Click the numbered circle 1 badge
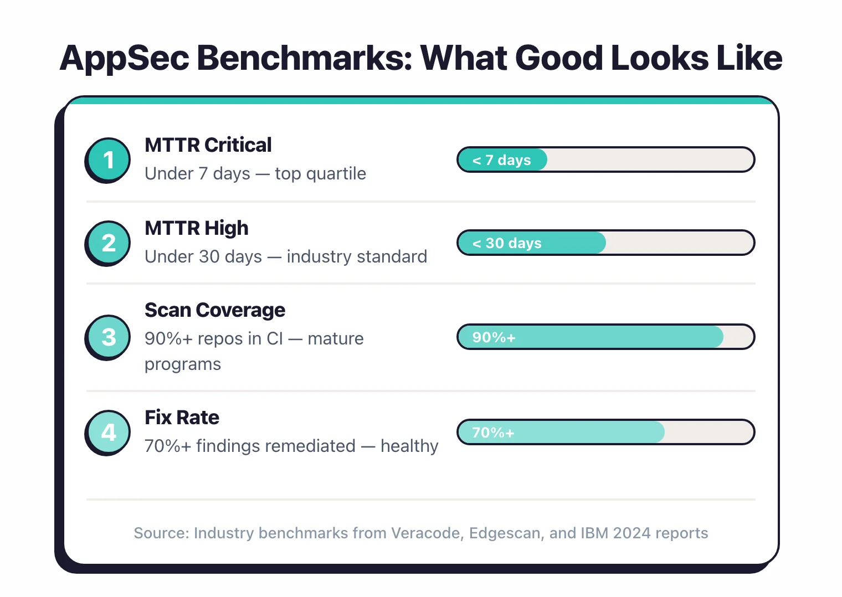pyautogui.click(x=109, y=159)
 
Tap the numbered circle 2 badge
pyautogui.click(x=109, y=243)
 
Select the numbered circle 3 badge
pyautogui.click(x=109, y=337)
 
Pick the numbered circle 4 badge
pyautogui.click(x=109, y=432)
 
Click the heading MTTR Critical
pyautogui.click(x=208, y=145)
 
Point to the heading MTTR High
pyautogui.click(x=196, y=228)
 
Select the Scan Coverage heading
pyautogui.click(x=215, y=310)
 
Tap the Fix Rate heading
pyautogui.click(x=182, y=418)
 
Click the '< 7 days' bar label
pyautogui.click(x=501, y=160)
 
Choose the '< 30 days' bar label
pyautogui.click(x=507, y=243)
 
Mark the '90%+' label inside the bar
pyautogui.click(x=494, y=337)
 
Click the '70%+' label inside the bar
pyautogui.click(x=493, y=433)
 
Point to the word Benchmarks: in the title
pyautogui.click(x=305, y=58)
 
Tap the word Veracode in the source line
pyautogui.click(x=427, y=533)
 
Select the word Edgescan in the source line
pyautogui.click(x=505, y=533)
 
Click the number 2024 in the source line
pyautogui.click(x=631, y=533)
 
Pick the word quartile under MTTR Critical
pyautogui.click(x=336, y=174)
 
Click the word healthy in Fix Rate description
pyautogui.click(x=409, y=446)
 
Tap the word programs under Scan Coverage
pyautogui.click(x=183, y=364)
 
